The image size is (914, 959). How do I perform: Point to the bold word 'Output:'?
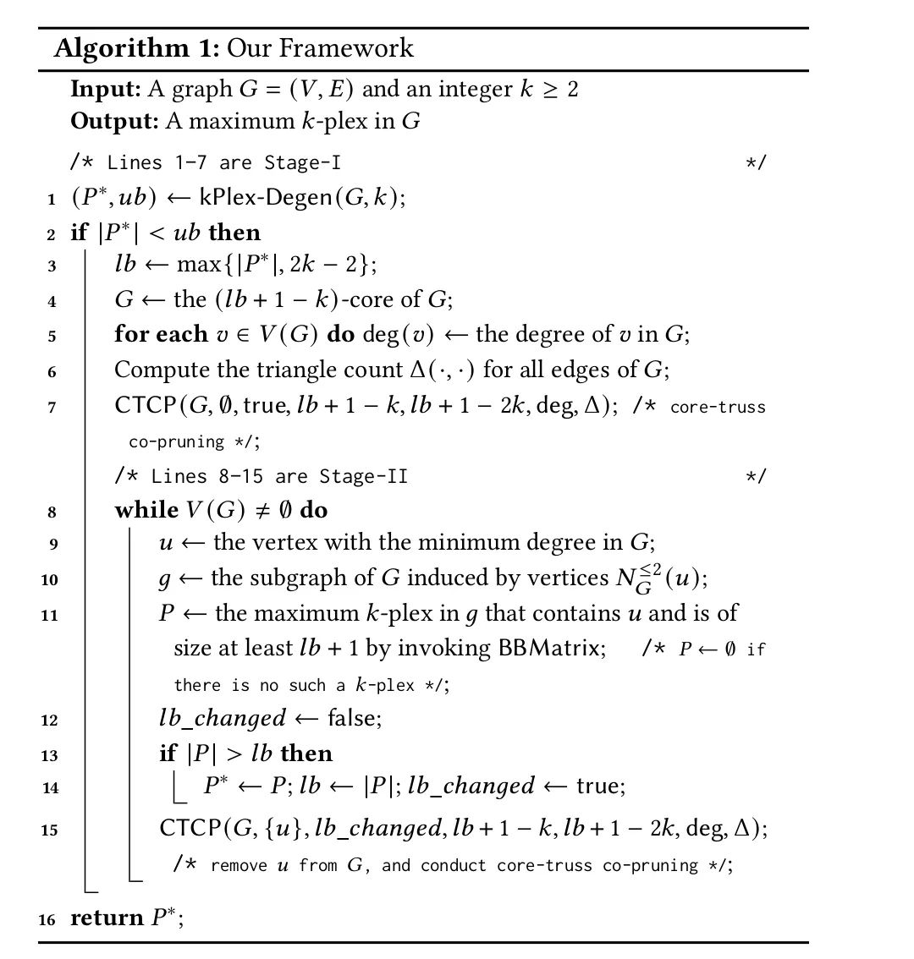(113, 121)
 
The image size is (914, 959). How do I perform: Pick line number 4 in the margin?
(52, 301)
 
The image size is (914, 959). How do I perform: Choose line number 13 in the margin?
(50, 754)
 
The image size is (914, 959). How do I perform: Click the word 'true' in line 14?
(599, 786)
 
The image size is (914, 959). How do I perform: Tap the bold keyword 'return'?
(107, 918)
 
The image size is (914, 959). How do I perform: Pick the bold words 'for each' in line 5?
(161, 334)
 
